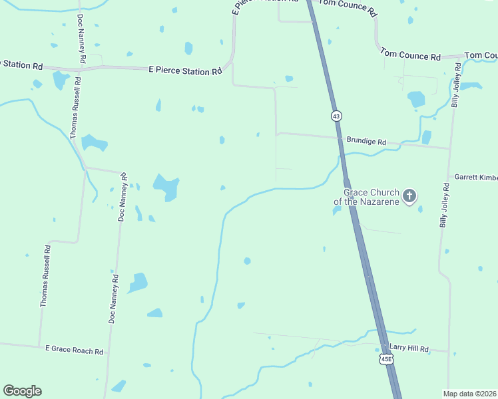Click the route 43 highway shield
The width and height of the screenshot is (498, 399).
coord(336,116)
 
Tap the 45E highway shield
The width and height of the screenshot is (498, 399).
coord(386,359)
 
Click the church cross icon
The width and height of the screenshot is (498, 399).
coord(409,196)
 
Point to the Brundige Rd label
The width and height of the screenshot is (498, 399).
coord(366,142)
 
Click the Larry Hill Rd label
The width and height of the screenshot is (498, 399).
coord(409,348)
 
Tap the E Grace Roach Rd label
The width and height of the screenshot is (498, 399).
coord(75,350)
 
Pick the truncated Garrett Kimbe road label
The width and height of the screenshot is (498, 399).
coord(475,178)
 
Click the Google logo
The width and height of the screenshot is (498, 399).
coord(22,391)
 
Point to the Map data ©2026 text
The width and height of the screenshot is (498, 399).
coord(469,394)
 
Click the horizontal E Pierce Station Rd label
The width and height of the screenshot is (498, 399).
coord(184,70)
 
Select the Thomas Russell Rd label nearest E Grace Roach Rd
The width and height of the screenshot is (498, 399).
coord(45,276)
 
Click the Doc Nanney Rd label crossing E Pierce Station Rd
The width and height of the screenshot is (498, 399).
coord(81,39)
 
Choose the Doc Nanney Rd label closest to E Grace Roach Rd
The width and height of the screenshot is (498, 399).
coord(114,299)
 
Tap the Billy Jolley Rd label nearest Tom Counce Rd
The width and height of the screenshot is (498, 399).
coord(457,86)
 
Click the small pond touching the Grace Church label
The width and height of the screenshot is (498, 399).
coord(337,211)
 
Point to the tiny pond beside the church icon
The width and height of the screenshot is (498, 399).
coord(421,209)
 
